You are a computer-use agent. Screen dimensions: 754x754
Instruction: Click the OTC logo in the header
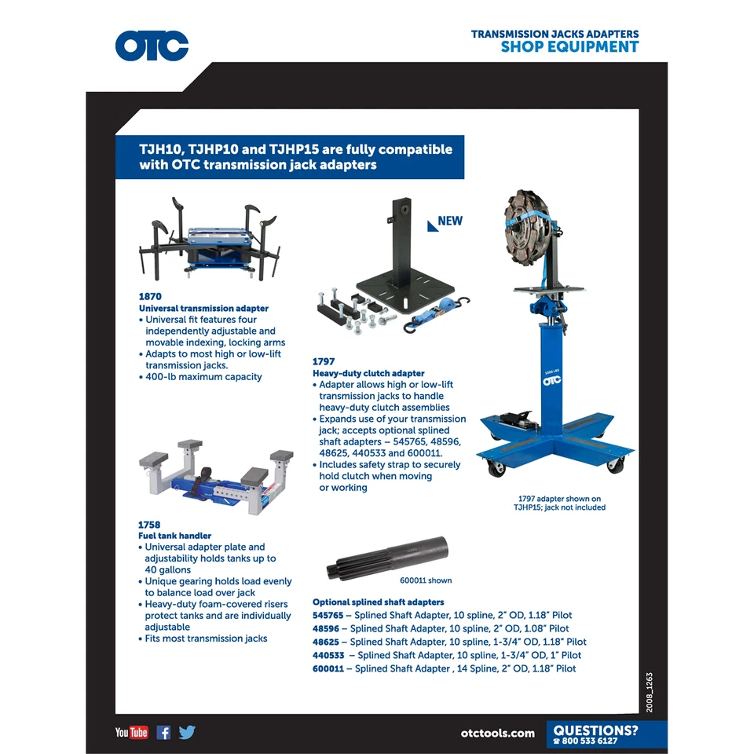152,46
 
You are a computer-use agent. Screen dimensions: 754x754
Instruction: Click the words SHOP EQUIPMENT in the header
569,47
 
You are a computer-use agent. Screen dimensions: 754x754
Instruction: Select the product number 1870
150,298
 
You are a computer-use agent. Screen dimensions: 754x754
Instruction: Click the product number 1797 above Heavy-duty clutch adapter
324,362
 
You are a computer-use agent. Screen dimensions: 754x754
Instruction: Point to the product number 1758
149,525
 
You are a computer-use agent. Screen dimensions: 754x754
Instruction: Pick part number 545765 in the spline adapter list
328,616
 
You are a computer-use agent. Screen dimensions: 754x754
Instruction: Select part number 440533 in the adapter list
328,655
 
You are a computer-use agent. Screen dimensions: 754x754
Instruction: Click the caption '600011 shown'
426,580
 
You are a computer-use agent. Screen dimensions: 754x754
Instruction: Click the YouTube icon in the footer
131,733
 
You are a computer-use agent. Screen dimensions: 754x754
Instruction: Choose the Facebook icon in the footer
163,733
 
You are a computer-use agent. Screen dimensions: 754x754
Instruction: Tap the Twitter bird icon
187,733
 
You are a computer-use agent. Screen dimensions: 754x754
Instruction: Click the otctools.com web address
498,734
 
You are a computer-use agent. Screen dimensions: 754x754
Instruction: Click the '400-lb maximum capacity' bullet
203,377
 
